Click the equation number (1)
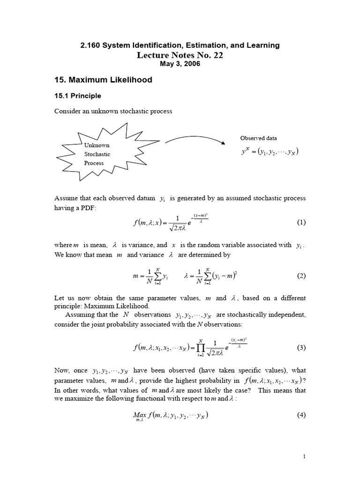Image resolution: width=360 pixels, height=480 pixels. coord(301,223)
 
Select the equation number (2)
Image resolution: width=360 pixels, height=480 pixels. coord(301,276)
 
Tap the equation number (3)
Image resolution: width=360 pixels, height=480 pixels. coord(301,347)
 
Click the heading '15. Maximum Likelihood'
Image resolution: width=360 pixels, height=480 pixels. coord(103,80)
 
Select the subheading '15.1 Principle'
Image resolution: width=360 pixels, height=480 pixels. coord(78,96)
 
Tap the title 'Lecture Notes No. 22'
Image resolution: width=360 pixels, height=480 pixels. coord(180,55)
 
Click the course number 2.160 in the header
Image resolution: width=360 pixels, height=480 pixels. coord(92,45)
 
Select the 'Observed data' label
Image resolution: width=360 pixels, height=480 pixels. coord(258,138)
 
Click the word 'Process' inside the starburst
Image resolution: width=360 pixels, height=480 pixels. coord(94,163)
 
